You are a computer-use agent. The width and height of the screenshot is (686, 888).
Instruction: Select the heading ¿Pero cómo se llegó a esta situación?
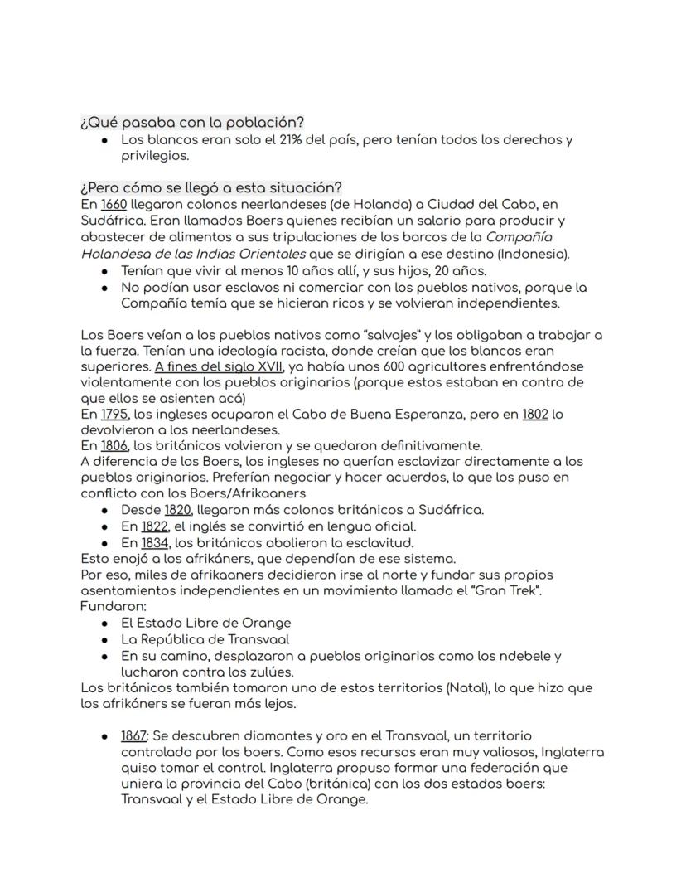click(211, 187)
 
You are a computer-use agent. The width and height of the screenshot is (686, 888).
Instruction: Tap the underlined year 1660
click(114, 204)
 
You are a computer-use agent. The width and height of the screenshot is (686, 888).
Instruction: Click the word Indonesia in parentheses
click(537, 253)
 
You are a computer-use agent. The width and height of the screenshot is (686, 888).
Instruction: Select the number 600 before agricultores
click(349, 366)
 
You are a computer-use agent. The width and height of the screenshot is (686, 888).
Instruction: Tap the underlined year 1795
click(114, 414)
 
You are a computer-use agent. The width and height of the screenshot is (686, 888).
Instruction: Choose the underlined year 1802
click(534, 414)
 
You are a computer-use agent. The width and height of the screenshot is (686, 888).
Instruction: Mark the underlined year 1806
click(115, 445)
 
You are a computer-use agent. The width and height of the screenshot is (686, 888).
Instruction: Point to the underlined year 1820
click(178, 510)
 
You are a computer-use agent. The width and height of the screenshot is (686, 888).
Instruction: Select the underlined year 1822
click(154, 526)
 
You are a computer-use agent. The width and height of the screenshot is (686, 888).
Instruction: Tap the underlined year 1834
click(155, 543)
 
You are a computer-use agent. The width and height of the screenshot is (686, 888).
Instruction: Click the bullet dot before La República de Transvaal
click(104, 639)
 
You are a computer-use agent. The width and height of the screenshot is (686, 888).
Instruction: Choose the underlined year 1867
click(134, 736)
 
